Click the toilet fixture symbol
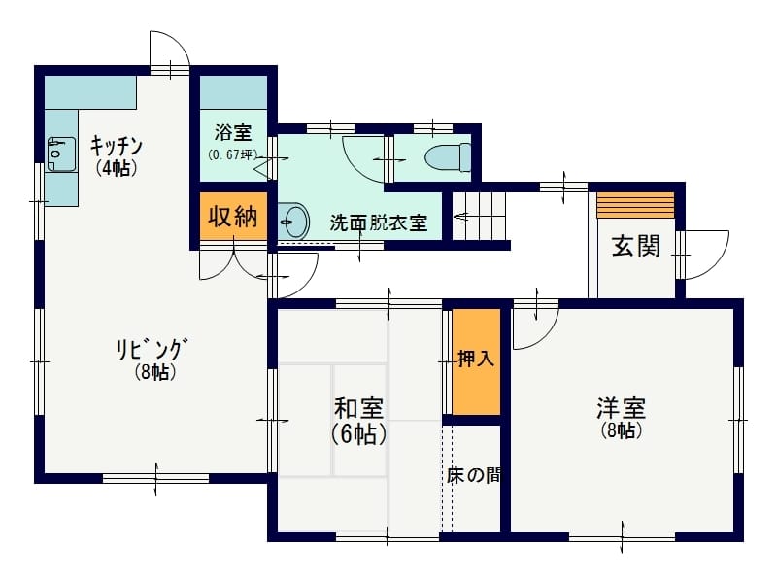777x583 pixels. (x=448, y=157)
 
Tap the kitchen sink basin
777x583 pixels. (x=61, y=154)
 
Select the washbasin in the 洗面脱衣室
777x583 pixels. (x=293, y=221)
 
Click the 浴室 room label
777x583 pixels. (x=233, y=132)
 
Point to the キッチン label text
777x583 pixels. (x=117, y=146)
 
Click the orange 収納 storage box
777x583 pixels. (x=233, y=216)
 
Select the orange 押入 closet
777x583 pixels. (x=476, y=361)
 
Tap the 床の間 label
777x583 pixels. (x=473, y=475)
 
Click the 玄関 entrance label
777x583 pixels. (x=636, y=246)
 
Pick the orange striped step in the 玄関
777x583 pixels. (x=636, y=205)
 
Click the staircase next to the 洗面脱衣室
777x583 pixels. (x=479, y=216)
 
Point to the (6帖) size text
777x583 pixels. (x=358, y=434)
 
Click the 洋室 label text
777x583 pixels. (x=622, y=408)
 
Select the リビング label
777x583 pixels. (x=152, y=349)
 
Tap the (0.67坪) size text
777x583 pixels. (x=232, y=154)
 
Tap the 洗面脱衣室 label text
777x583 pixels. (x=379, y=223)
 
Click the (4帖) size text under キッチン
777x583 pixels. (x=116, y=168)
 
